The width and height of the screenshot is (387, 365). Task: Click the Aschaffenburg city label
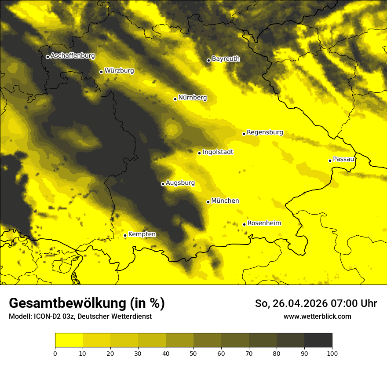(73, 56)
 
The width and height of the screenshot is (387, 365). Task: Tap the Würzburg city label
(119, 71)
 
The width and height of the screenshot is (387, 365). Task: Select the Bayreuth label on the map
(226, 59)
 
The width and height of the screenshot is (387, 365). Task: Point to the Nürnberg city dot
(175, 99)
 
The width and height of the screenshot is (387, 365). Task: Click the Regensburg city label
(265, 132)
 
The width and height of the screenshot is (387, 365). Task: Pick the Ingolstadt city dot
(199, 153)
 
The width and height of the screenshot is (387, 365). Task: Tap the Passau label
(343, 159)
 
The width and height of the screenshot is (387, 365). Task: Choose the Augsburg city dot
(163, 184)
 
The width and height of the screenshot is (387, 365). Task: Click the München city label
(225, 201)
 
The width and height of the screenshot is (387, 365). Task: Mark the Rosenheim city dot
(244, 224)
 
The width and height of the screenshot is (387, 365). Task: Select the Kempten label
(142, 234)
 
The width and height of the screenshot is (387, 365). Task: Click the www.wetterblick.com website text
(317, 316)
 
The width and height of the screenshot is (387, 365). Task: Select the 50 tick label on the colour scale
(193, 353)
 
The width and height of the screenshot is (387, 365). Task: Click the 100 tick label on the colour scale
(332, 353)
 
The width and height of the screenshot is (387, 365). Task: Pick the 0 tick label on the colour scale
(55, 353)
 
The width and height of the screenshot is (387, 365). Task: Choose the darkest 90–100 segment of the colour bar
(318, 340)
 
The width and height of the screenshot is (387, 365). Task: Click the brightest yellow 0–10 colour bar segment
(69, 340)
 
